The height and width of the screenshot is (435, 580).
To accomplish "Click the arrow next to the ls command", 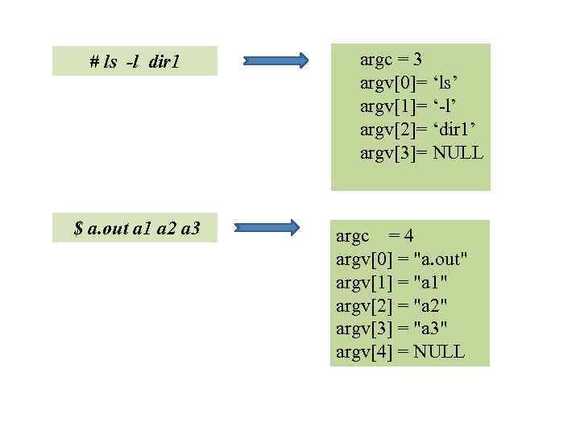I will coord(275,60).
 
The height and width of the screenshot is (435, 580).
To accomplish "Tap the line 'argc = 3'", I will coord(391,59).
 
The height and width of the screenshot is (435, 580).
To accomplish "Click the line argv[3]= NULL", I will coord(421,153).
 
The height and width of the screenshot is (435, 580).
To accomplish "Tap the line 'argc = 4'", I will coord(375,236).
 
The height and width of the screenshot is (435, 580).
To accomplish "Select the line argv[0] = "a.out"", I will coord(401,259).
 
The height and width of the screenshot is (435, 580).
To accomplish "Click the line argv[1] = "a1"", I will coord(391,282).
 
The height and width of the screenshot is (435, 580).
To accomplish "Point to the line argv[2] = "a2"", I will coord(391,305).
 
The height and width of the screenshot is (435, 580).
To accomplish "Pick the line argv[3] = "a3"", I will coord(391,329).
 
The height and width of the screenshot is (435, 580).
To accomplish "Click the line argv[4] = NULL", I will coord(400,352).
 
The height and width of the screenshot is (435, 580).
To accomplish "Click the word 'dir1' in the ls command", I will coord(164,62).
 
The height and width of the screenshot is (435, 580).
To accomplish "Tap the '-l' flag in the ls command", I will coord(132,62).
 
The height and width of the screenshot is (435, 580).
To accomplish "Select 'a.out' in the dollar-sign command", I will coord(106,229).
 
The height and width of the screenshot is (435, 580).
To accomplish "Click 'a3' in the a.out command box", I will coord(190,229).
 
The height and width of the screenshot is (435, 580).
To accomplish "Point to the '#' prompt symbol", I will coord(94,62).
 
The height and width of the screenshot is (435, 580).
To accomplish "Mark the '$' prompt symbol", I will coord(78,229).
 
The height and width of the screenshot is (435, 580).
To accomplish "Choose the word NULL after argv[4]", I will coord(439,352).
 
